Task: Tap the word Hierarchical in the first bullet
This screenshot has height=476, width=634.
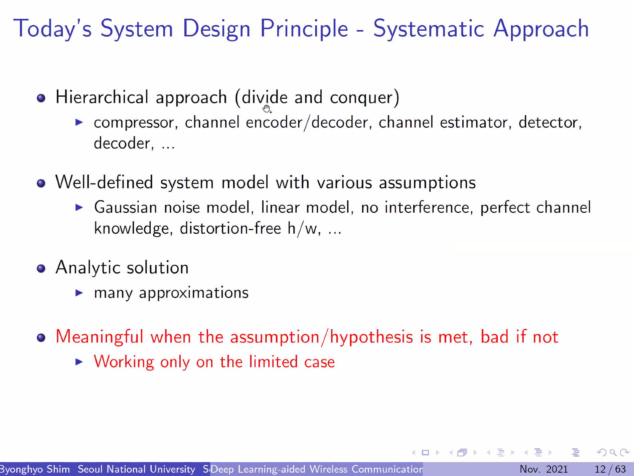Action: click(102, 97)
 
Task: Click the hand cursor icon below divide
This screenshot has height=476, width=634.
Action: click(267, 109)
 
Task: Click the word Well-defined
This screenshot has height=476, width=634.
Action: click(104, 182)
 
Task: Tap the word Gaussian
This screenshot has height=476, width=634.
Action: click(126, 207)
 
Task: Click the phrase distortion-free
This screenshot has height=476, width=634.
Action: click(230, 228)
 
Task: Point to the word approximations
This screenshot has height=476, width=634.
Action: click(194, 293)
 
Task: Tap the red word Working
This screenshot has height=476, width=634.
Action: click(124, 362)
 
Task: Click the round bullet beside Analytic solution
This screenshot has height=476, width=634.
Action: click(41, 268)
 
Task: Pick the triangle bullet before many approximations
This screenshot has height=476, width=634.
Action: click(79, 293)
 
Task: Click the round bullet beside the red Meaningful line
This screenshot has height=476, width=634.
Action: click(41, 337)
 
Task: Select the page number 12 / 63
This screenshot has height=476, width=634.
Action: click(610, 469)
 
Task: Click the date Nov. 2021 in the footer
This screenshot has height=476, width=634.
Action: click(544, 469)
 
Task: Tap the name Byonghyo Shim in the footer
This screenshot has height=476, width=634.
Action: click(35, 469)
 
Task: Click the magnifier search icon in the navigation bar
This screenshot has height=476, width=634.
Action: click(613, 453)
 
